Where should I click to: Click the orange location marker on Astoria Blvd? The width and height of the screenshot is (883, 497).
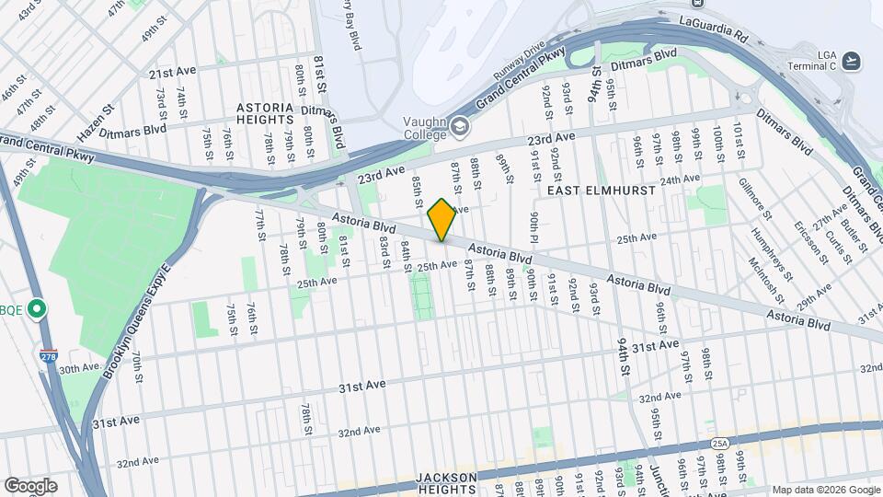pos(442,219)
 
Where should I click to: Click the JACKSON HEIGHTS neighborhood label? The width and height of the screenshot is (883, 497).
pos(446,483)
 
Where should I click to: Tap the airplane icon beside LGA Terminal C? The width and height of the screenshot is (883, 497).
pos(853,61)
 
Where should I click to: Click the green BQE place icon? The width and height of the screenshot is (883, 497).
pos(37,308)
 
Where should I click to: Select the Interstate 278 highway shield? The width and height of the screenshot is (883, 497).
pos(49,355)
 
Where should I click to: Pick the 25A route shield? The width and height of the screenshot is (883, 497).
pos(719,444)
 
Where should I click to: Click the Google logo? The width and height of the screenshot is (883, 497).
pos(30,486)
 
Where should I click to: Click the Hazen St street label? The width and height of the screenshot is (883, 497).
pos(96,122)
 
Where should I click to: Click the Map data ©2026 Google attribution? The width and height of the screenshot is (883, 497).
pos(825,490)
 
